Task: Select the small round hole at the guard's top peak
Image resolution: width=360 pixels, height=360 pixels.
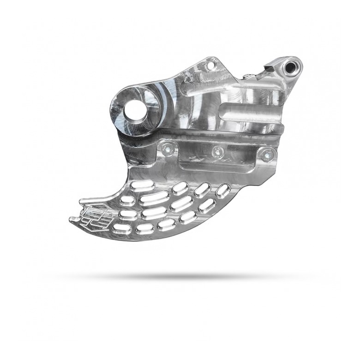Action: [x=212, y=66]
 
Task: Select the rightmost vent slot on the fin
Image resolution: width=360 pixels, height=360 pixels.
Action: [x=223, y=190]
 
